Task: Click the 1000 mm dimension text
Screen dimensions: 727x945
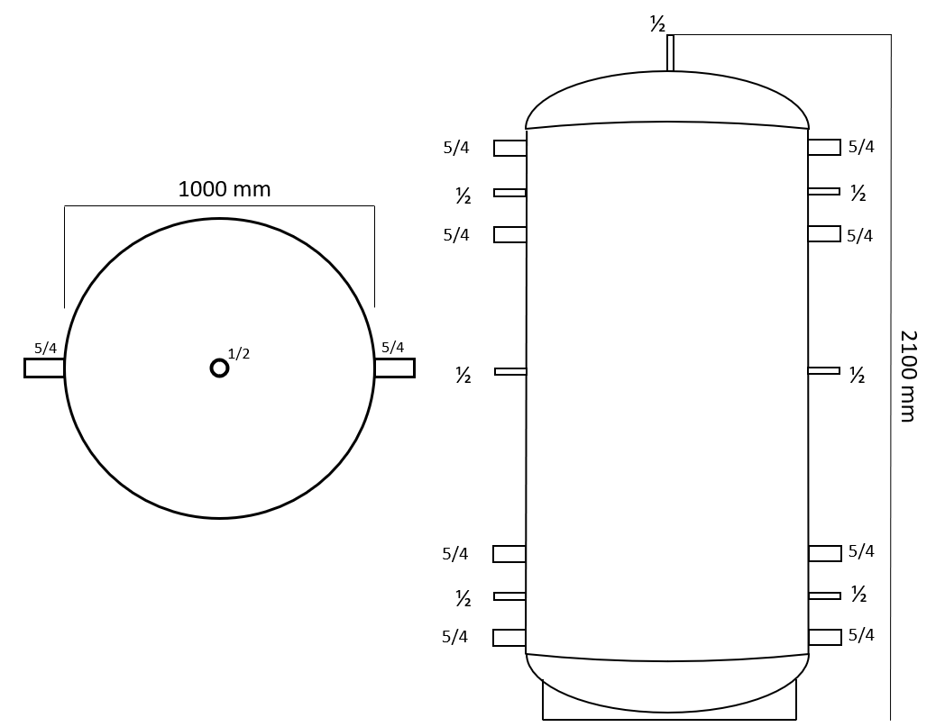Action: (x=225, y=189)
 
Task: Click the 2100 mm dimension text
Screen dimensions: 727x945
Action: (x=908, y=376)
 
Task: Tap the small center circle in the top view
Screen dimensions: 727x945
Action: (x=219, y=368)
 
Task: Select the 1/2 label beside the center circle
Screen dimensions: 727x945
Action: (x=239, y=354)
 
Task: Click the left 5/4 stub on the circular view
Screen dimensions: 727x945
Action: (x=44, y=368)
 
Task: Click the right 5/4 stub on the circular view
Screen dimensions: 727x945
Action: (x=394, y=368)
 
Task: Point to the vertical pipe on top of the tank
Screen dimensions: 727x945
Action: (x=670, y=53)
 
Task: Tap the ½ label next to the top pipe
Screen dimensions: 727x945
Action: (x=657, y=24)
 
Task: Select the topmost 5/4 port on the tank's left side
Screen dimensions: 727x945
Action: (x=509, y=148)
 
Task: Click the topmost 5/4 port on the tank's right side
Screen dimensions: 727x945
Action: (x=824, y=147)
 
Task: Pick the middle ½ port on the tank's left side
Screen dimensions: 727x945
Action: (x=510, y=371)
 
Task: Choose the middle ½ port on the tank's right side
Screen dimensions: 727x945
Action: (x=824, y=370)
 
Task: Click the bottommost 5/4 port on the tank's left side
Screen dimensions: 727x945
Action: (x=509, y=638)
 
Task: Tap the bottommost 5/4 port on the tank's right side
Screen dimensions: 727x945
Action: (x=825, y=637)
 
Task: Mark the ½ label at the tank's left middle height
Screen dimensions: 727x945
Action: (x=463, y=376)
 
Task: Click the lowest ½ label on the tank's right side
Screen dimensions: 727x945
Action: (x=858, y=595)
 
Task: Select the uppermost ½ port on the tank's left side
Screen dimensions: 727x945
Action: (x=509, y=193)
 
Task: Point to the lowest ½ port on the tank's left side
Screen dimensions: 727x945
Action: (x=509, y=596)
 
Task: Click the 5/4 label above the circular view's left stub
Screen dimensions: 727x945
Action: (x=45, y=348)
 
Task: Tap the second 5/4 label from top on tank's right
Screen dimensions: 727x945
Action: (x=859, y=236)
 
